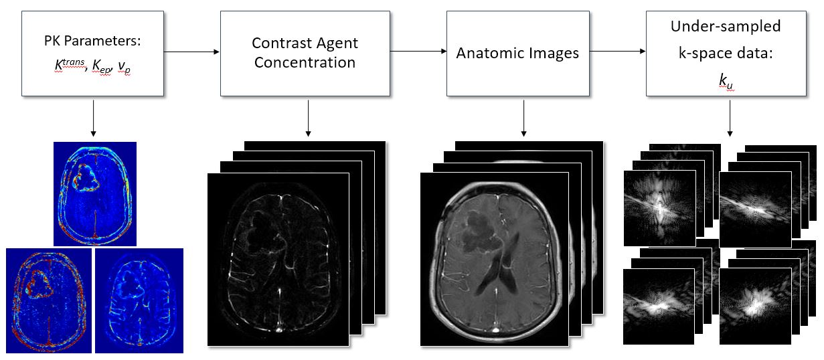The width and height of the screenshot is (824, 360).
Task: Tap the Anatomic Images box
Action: coord(517,54)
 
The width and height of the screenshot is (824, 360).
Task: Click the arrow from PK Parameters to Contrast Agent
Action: coord(191,52)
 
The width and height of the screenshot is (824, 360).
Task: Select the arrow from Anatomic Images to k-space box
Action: coord(618,52)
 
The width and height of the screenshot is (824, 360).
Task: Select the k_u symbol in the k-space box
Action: coord(726,81)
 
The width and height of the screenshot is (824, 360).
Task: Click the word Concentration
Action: coord(305,64)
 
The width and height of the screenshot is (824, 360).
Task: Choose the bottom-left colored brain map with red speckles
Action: coord(48,300)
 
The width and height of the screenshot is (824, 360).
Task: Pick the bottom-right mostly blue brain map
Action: coord(139,300)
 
